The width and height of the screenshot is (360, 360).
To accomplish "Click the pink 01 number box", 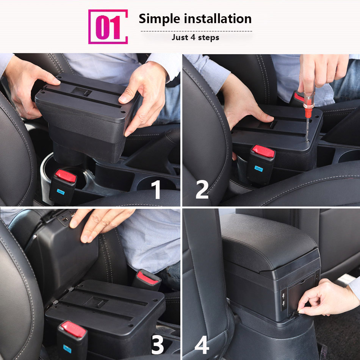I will coord(108,27).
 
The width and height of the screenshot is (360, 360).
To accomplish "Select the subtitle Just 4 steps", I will coord(195,37).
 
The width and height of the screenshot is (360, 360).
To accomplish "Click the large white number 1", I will coord(157,189).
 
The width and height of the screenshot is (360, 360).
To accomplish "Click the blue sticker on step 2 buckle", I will coord(259,168).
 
